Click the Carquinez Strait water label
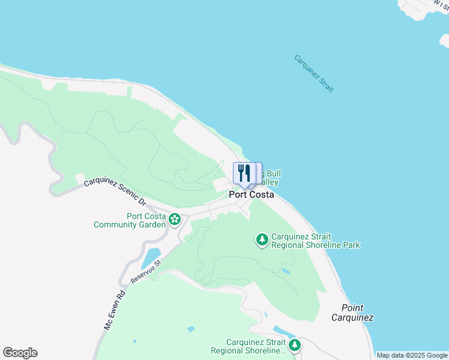coord(313,73)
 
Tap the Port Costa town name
coord(251,195)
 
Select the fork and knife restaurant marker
coord(244,173)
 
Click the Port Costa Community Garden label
coord(129,221)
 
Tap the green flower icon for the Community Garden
coord(175,220)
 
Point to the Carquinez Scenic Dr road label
coord(115,191)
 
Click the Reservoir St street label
coord(146,272)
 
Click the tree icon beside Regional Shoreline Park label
coord(262,240)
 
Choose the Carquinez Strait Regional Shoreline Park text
coord(315,241)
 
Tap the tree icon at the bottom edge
coord(294,345)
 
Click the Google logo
coord(20,353)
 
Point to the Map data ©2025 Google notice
coord(412,355)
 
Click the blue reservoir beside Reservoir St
coord(150,258)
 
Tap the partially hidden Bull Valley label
coord(270,178)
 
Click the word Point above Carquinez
coord(352,307)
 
